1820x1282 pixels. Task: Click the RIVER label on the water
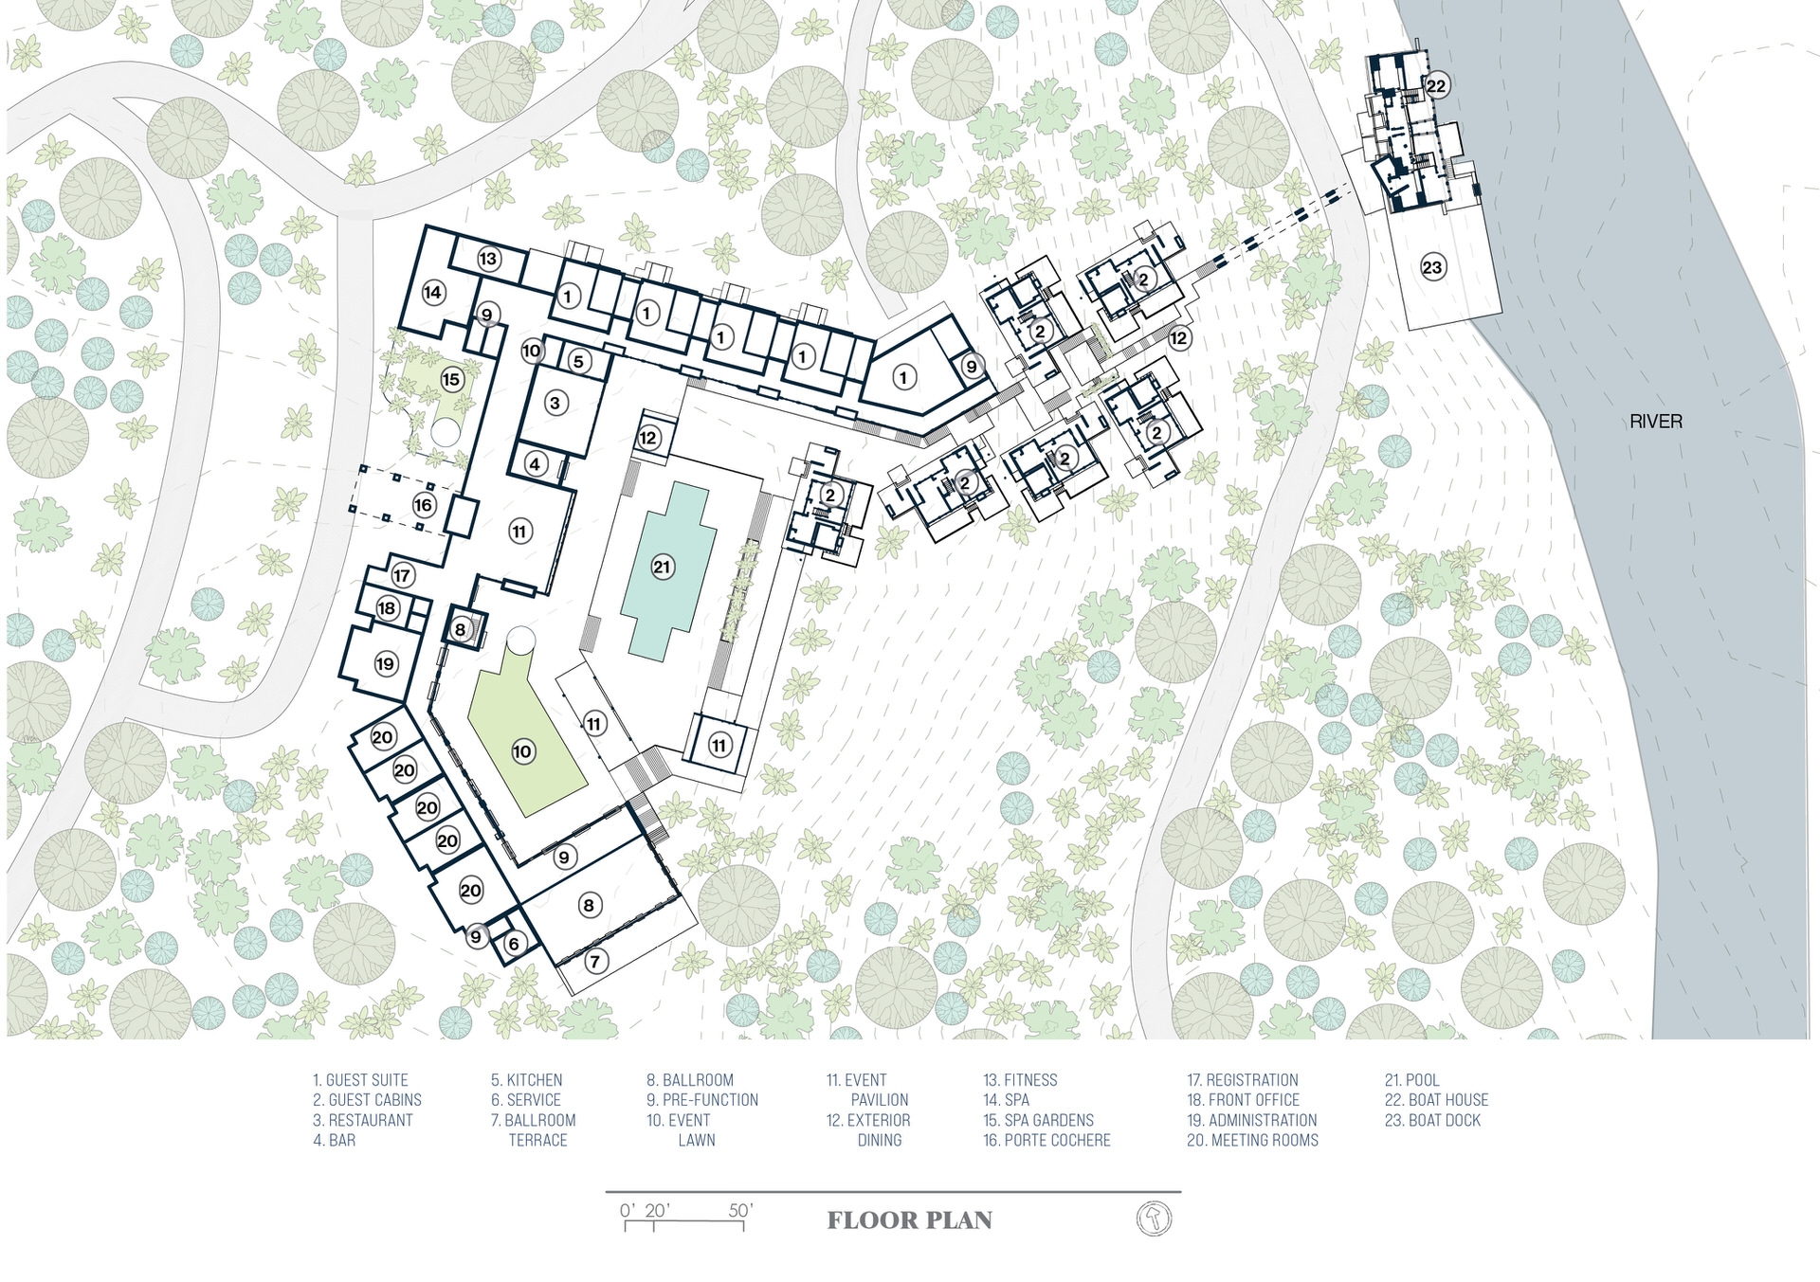tap(1656, 422)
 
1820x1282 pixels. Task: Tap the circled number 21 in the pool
tap(662, 568)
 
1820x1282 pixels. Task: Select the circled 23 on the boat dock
tap(1432, 267)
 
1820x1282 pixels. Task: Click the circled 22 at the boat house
tap(1437, 85)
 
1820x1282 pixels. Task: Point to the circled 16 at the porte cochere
tap(423, 505)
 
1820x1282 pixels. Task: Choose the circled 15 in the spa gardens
tap(451, 380)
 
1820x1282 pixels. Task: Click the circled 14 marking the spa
tap(433, 292)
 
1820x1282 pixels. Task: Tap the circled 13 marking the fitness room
tap(488, 259)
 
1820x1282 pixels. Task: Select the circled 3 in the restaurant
tap(555, 403)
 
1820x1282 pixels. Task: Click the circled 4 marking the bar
tap(535, 464)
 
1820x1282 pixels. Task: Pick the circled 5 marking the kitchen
tap(578, 361)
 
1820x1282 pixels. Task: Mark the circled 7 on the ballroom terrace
tap(594, 962)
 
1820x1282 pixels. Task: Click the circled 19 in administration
tap(385, 664)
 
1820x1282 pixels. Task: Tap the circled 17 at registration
tap(402, 575)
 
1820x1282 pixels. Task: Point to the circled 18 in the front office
tap(387, 608)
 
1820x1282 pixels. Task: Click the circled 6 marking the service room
tap(514, 944)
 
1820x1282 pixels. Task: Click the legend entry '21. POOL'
tap(1411, 1080)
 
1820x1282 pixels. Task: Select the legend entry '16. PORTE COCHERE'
tap(1046, 1140)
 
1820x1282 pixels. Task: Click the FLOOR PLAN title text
tap(910, 1220)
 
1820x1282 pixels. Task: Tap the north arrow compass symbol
tap(1154, 1219)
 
